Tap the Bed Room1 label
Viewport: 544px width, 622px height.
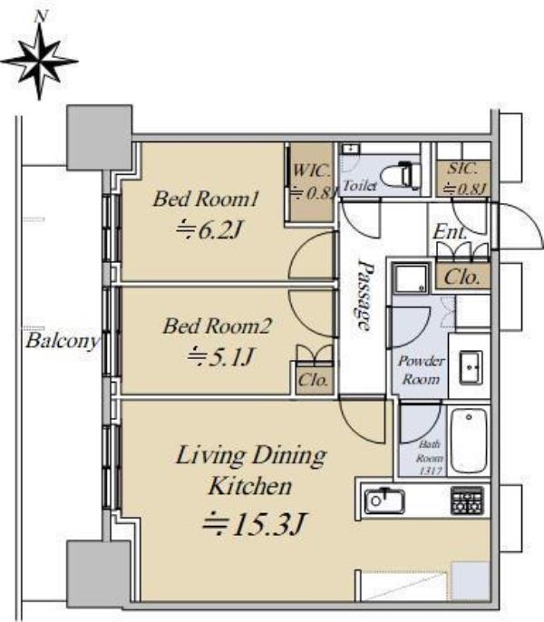[x=206, y=199]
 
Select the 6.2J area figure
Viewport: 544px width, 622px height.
[x=209, y=230]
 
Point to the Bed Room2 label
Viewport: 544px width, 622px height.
[x=217, y=326]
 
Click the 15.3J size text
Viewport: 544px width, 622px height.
[x=254, y=524]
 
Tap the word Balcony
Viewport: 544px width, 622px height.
[x=63, y=341]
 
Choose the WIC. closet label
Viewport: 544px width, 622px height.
[x=312, y=171]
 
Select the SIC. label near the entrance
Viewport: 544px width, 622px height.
[x=462, y=169]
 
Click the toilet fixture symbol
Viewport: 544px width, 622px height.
[x=402, y=175]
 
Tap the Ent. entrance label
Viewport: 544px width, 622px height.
[x=449, y=232]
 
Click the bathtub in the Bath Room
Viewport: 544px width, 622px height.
[x=469, y=441]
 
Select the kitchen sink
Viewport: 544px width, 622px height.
[x=384, y=501]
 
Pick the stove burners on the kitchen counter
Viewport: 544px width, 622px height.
[x=467, y=501]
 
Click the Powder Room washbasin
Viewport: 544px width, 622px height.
[x=471, y=368]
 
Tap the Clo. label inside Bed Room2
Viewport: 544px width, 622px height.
[x=313, y=381]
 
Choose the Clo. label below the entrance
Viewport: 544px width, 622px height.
[x=461, y=277]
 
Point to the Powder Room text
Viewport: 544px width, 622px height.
[x=421, y=370]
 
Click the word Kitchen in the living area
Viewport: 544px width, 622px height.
[x=250, y=486]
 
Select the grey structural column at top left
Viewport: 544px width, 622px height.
[x=99, y=138]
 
